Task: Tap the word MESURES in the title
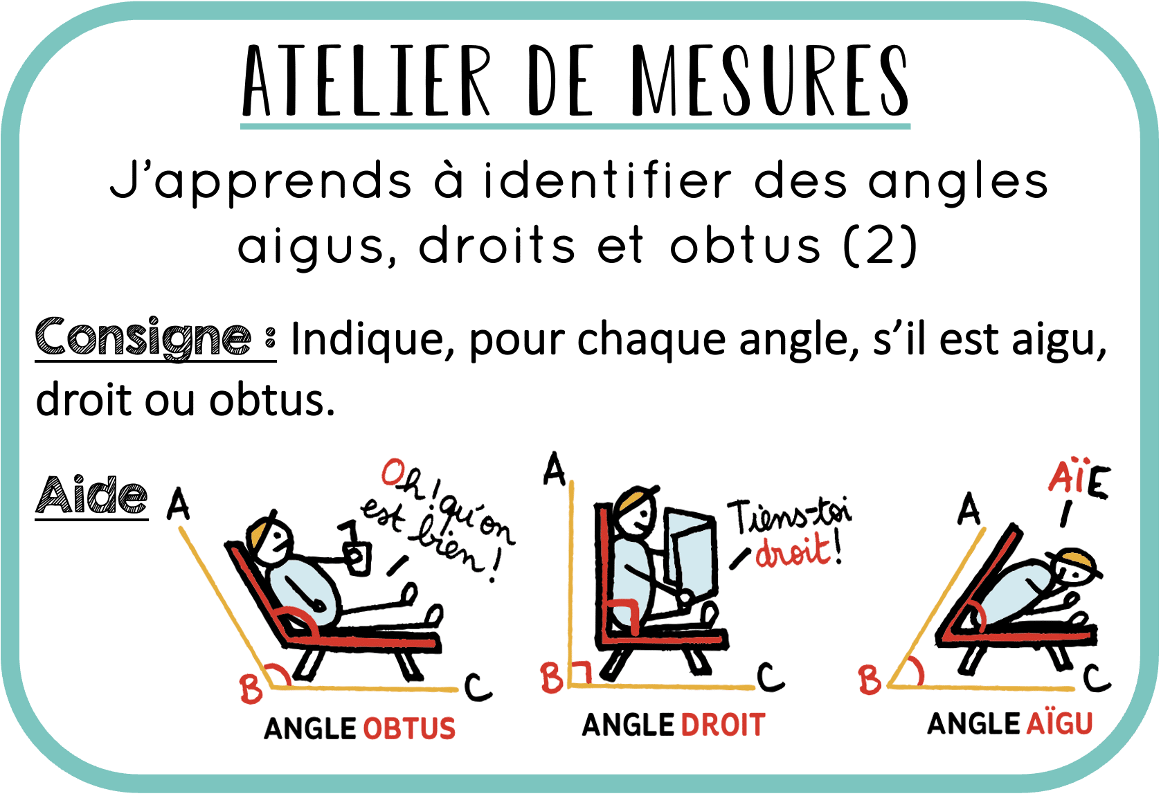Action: tap(770, 80)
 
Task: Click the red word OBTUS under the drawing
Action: tap(409, 728)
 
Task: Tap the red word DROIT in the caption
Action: tap(723, 725)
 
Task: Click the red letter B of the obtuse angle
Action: tap(251, 688)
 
